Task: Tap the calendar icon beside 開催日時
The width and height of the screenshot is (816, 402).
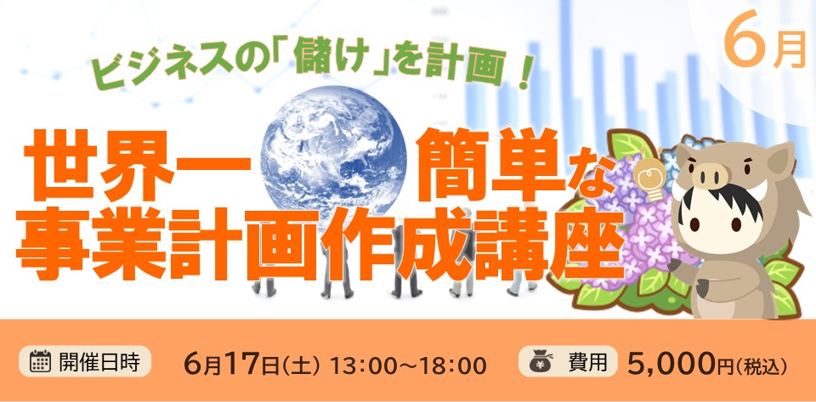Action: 40,361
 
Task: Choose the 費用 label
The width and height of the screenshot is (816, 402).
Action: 588,362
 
